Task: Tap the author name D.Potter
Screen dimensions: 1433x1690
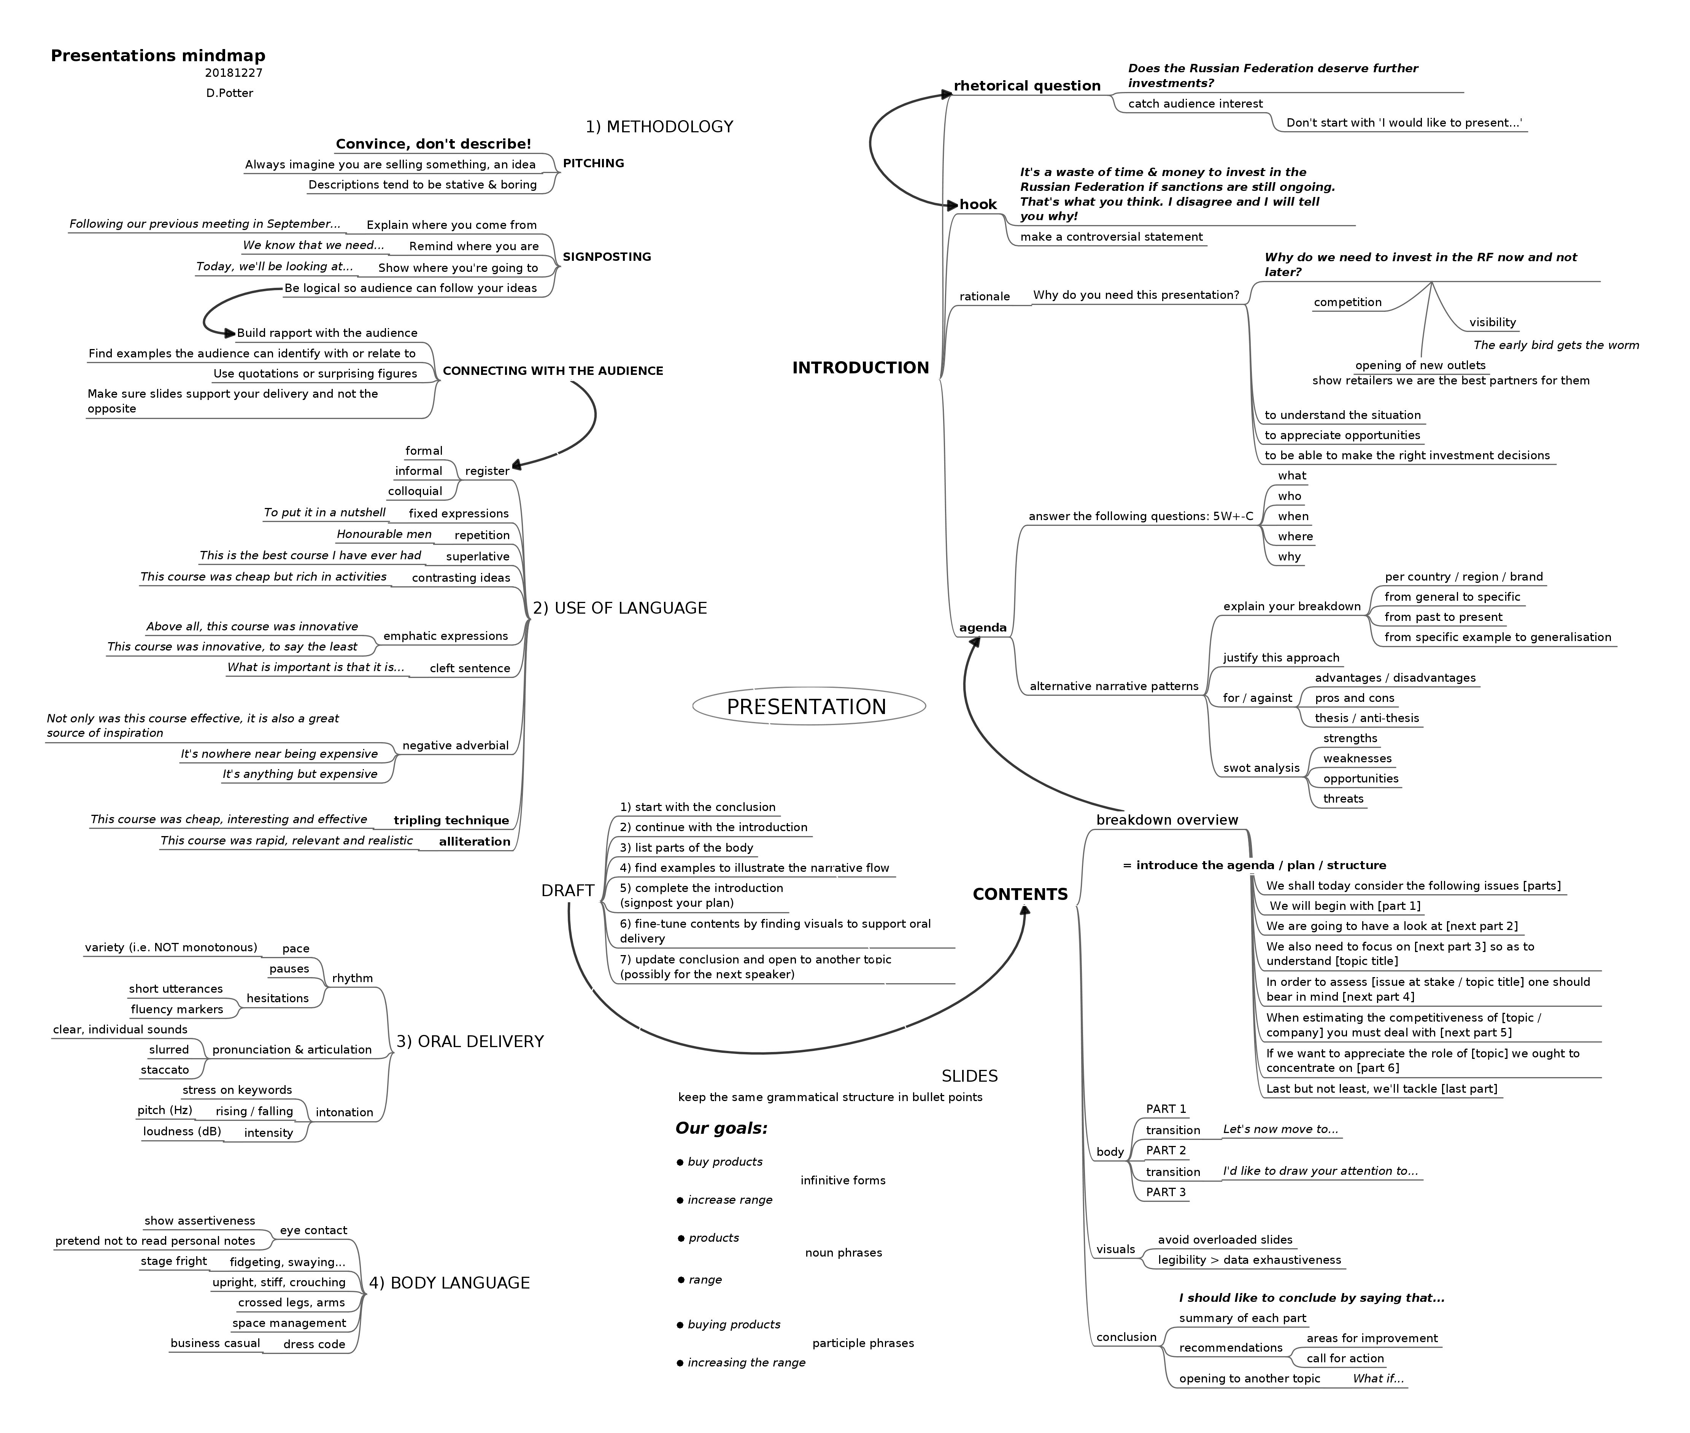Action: point(229,93)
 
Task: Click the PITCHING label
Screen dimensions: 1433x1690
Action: point(593,163)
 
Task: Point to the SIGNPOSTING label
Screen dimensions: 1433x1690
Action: point(606,257)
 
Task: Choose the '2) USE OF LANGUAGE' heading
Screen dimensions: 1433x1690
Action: point(619,608)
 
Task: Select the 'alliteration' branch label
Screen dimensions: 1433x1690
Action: point(475,842)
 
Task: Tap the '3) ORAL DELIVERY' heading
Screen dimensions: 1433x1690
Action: point(470,1041)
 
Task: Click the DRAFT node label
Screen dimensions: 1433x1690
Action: point(567,890)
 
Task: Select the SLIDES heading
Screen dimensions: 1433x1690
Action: point(969,1076)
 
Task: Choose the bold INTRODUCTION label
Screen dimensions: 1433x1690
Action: point(861,368)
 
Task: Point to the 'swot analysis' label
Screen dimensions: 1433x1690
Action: point(1261,768)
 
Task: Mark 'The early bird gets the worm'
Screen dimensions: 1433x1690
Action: point(1556,345)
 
